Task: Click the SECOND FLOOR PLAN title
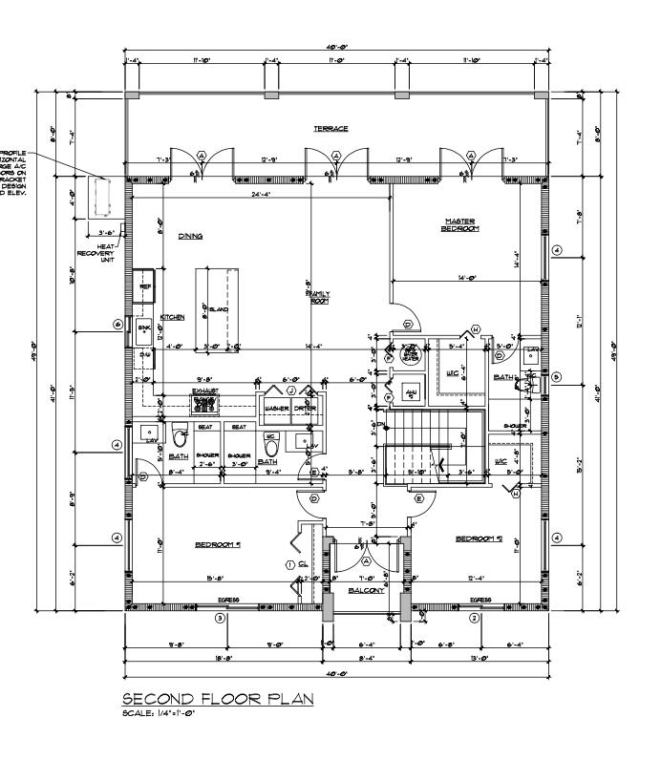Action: (x=218, y=700)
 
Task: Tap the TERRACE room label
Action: (x=330, y=128)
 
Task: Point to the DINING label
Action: (x=189, y=236)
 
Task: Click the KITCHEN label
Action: (x=172, y=316)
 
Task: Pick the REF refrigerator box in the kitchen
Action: (x=145, y=285)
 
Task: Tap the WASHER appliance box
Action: (x=277, y=408)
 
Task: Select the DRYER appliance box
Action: (x=306, y=408)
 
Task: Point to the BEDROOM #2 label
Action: (x=479, y=539)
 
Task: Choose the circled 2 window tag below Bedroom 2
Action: (x=474, y=618)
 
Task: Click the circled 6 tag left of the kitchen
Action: (x=117, y=325)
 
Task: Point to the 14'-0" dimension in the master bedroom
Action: (x=465, y=278)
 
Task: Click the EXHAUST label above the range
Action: (x=206, y=391)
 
